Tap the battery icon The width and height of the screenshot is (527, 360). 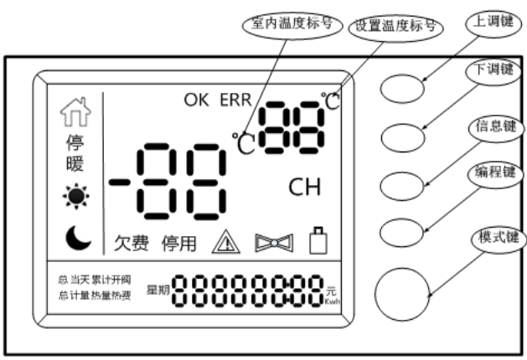(316, 242)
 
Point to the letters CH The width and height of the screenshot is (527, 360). (304, 186)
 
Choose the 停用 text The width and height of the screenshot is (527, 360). (179, 244)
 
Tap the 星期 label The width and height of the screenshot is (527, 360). (158, 288)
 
